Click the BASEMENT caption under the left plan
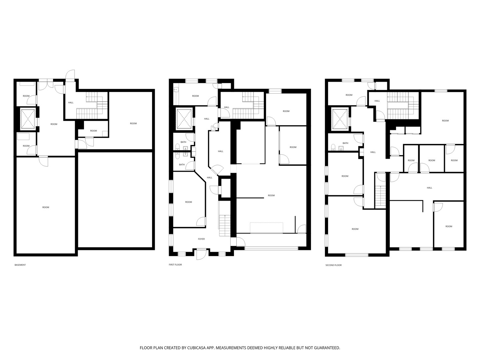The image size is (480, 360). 20,265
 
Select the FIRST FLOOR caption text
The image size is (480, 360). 175,265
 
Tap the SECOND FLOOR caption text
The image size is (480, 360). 333,265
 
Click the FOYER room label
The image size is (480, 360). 201,239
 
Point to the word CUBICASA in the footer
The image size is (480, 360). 197,348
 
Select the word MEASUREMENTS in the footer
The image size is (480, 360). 233,348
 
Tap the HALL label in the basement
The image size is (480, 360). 71,102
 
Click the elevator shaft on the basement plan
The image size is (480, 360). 28,118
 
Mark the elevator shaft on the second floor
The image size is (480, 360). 339,119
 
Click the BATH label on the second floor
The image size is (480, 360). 345,143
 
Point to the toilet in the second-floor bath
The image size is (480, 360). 333,147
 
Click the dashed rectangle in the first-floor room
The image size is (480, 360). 267,228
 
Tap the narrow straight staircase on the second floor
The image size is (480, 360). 380,196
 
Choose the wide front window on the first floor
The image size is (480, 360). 271,248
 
